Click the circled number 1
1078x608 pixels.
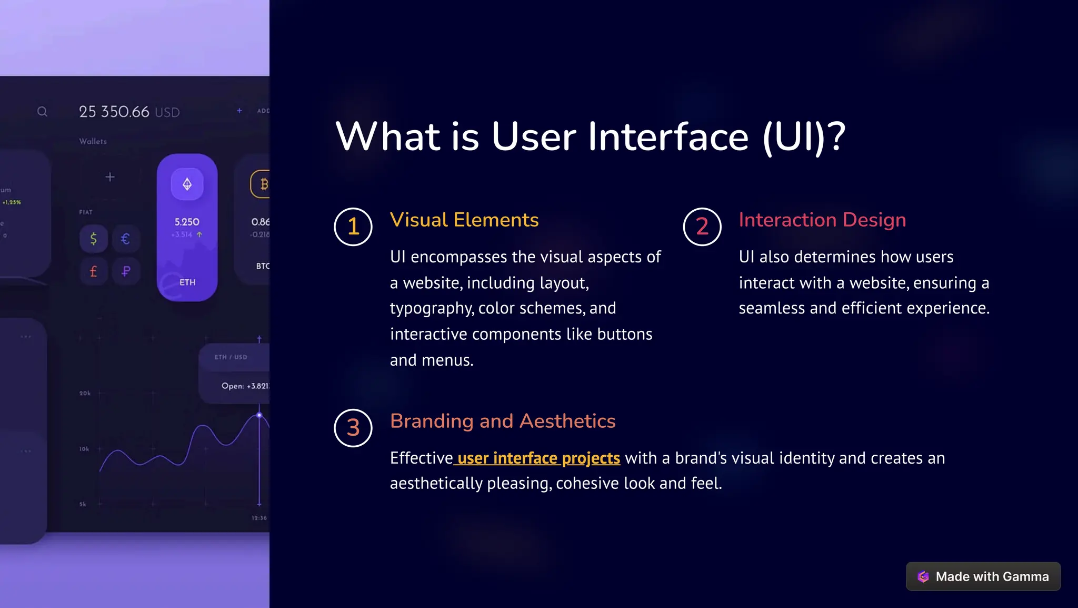353,227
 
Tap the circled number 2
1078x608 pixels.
702,227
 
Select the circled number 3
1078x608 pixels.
353,428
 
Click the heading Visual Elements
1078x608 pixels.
464,220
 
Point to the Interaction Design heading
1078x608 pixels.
822,220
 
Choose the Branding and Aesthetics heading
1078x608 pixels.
503,421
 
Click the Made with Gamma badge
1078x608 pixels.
983,576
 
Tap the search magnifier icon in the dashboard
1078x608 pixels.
42,112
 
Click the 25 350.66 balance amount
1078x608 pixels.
114,112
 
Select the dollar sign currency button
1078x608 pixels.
93,239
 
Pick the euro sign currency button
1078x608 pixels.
125,239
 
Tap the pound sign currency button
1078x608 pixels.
93,271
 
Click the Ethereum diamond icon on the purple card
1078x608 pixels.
187,184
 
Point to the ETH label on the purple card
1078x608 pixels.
187,282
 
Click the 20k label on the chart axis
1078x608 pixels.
85,393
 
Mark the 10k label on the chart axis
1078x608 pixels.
84,449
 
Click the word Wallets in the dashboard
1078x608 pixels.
93,141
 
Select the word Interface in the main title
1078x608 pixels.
668,137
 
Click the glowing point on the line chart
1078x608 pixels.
259,415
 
